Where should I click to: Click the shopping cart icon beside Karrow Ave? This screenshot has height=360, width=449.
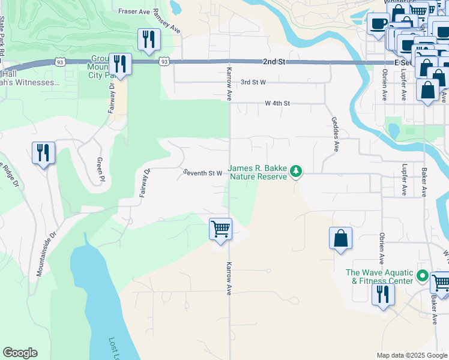pyautogui.click(x=220, y=229)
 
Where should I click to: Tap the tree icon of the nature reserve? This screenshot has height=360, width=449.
pyautogui.click(x=295, y=172)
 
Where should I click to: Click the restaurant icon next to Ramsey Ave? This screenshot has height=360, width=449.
pyautogui.click(x=148, y=40)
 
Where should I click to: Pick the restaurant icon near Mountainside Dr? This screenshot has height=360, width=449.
pyautogui.click(x=43, y=153)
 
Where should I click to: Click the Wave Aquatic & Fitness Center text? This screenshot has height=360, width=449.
pyautogui.click(x=379, y=277)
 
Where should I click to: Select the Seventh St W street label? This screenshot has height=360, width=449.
pyautogui.click(x=203, y=173)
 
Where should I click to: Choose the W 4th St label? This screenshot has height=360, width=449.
pyautogui.click(x=277, y=103)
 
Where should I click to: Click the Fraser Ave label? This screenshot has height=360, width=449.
pyautogui.click(x=133, y=11)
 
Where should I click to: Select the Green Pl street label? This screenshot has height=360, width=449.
pyautogui.click(x=100, y=170)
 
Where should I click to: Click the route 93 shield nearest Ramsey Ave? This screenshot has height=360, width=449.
pyautogui.click(x=164, y=61)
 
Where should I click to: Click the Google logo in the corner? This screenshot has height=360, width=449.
pyautogui.click(x=20, y=353)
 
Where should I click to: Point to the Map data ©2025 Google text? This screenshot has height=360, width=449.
pyautogui.click(x=411, y=355)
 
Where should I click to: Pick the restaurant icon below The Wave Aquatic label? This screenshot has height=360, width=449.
pyautogui.click(x=382, y=295)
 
